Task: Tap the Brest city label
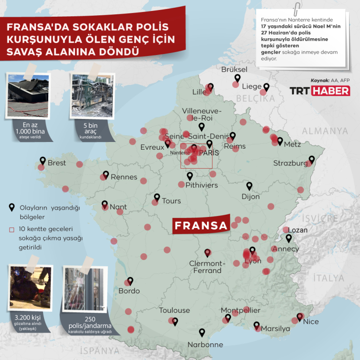(x=57, y=163)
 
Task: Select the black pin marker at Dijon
(x=249, y=186)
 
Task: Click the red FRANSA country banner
(x=200, y=226)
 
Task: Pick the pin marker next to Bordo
(x=130, y=281)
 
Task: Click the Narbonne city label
(x=205, y=344)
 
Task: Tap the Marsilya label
(x=276, y=329)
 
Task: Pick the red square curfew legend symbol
(x=12, y=229)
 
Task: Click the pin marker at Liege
(x=266, y=87)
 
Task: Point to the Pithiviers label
(x=201, y=185)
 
